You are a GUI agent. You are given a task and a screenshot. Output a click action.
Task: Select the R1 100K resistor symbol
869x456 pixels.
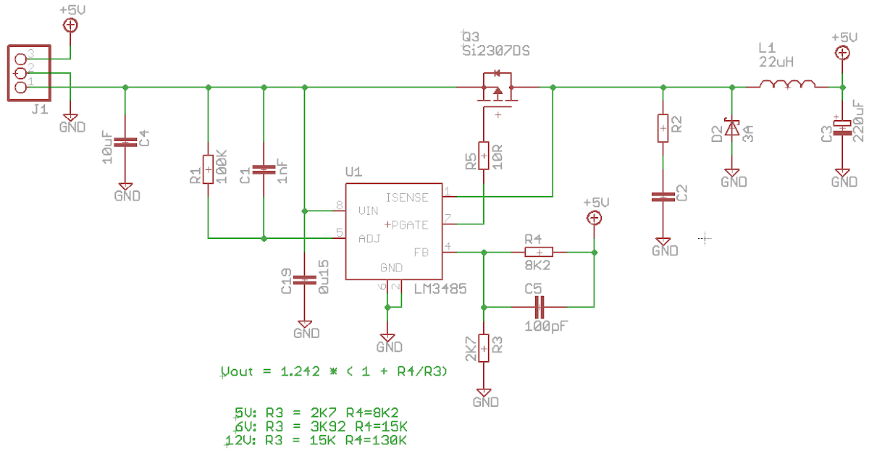(x=208, y=170)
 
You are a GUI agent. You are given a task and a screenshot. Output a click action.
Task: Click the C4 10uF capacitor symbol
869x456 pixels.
(x=125, y=142)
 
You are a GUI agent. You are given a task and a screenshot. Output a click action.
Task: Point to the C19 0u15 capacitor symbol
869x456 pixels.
(x=305, y=279)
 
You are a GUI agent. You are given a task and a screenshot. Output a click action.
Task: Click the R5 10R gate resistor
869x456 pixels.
(x=483, y=155)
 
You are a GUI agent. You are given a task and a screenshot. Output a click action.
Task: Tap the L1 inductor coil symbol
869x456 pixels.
(x=787, y=86)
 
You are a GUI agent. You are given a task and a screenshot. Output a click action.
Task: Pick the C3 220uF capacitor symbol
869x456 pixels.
(x=842, y=126)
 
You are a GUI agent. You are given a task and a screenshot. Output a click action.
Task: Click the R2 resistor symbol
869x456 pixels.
(x=662, y=128)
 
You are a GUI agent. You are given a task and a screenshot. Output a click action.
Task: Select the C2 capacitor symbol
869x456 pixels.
(x=662, y=196)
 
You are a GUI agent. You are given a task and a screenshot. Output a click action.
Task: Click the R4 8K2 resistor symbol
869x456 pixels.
(x=538, y=252)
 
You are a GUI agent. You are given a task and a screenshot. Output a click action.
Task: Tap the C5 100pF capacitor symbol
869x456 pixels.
(x=538, y=307)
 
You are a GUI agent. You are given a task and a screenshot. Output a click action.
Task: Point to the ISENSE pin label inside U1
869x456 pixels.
(x=406, y=198)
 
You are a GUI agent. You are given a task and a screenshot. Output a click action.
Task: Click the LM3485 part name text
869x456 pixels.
(x=440, y=289)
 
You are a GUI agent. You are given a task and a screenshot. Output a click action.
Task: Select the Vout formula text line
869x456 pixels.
(x=334, y=371)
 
